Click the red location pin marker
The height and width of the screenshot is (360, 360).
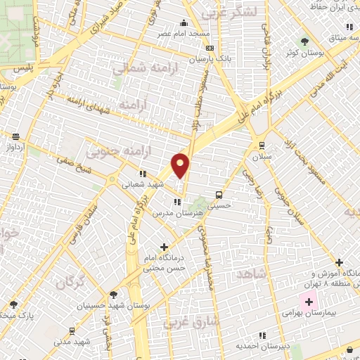[x=181, y=165]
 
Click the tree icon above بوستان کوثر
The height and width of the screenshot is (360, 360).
[x=304, y=41]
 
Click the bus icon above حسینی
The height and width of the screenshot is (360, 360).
[x=219, y=194]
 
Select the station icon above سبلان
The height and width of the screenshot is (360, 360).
[x=262, y=146]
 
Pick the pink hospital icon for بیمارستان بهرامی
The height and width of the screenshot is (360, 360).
[x=308, y=302]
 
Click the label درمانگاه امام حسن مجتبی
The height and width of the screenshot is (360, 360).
[x=165, y=262]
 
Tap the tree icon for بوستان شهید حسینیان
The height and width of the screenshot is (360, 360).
[x=113, y=295]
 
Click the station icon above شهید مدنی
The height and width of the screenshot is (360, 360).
[x=72, y=330]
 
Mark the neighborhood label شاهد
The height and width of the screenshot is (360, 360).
[x=251, y=274]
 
